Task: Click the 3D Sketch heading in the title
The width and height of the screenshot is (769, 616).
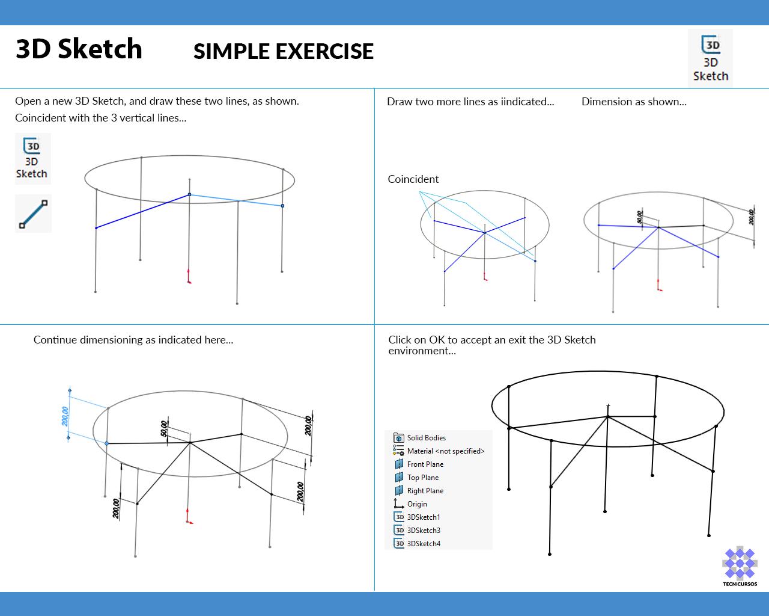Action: click(79, 49)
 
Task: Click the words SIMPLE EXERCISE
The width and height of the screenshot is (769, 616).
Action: click(283, 52)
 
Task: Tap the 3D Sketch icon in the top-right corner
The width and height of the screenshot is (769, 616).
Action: click(710, 58)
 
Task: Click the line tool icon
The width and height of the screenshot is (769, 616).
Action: click(33, 214)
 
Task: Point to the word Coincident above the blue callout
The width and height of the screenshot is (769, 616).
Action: click(413, 179)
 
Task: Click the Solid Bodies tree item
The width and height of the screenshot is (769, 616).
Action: click(426, 438)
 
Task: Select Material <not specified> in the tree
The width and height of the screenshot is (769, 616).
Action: click(445, 451)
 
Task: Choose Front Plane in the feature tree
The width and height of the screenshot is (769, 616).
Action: click(425, 464)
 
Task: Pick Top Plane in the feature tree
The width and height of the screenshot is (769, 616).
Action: click(422, 478)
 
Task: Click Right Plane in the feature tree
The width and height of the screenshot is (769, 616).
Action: click(425, 491)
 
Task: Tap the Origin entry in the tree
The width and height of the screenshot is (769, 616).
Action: click(417, 504)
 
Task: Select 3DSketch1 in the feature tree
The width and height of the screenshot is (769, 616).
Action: click(423, 517)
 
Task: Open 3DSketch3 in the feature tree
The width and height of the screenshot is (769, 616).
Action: click(423, 531)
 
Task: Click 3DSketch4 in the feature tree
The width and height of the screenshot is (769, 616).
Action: click(423, 544)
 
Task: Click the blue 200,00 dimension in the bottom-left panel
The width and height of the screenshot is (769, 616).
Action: click(65, 416)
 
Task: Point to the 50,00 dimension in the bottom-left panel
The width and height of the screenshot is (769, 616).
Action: click(165, 428)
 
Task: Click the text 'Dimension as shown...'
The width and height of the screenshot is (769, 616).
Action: click(634, 102)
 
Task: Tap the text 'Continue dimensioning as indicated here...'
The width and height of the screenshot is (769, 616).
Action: click(133, 340)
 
